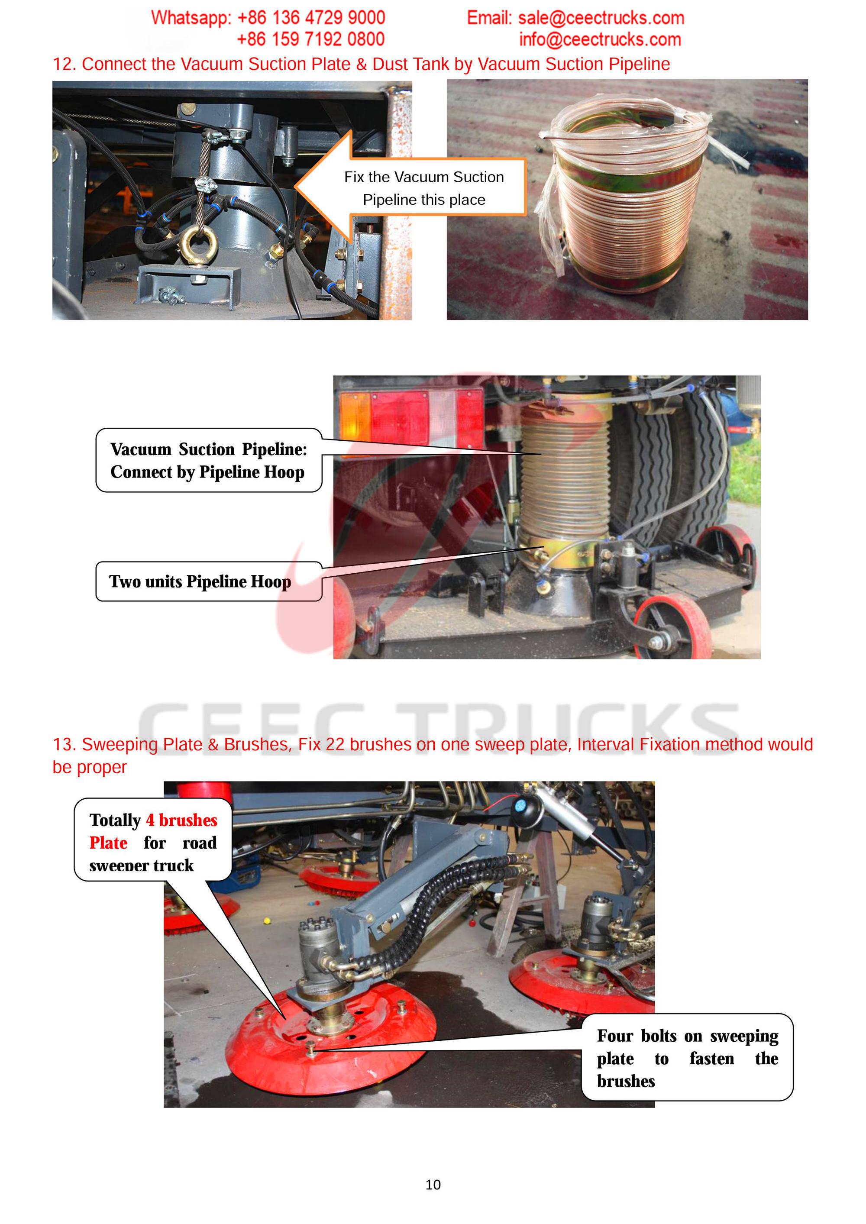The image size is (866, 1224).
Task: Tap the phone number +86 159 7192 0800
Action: [x=310, y=39]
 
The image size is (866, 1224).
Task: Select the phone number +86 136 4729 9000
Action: [x=311, y=18]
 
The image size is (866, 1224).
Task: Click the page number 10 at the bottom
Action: [x=433, y=1185]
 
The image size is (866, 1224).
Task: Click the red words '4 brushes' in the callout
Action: [x=181, y=820]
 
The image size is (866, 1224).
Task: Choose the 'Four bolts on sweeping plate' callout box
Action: [x=687, y=1057]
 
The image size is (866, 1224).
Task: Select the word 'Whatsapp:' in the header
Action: [x=191, y=18]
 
